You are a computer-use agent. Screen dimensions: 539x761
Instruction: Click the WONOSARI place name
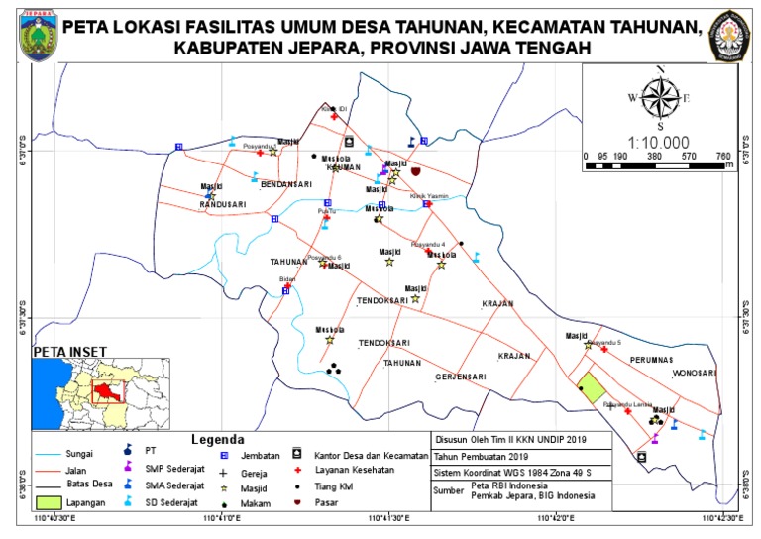click(694, 374)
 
